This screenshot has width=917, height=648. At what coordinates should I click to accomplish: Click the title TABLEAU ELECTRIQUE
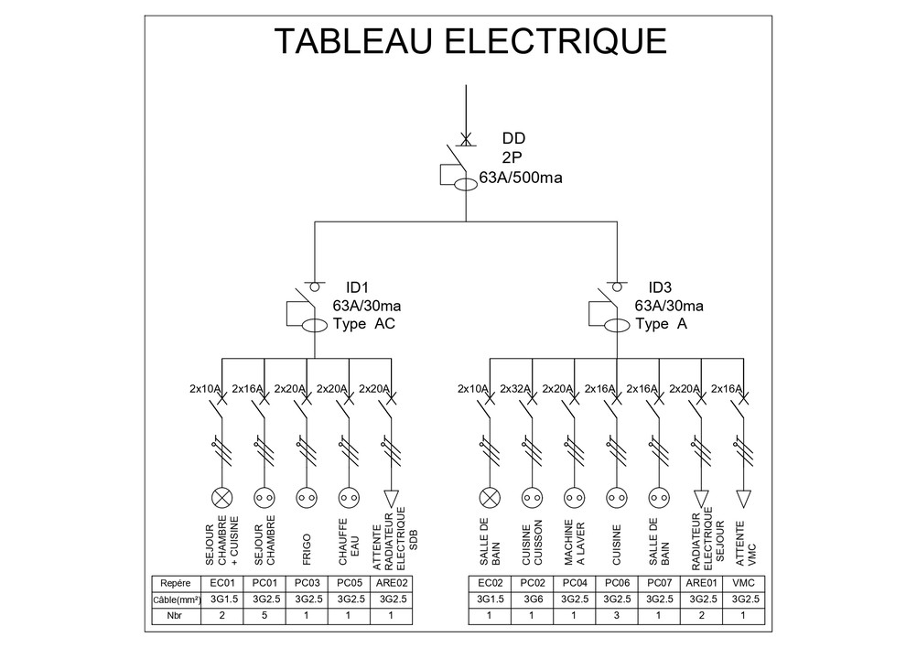click(x=470, y=41)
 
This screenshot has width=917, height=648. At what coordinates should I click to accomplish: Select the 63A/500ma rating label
click(x=521, y=178)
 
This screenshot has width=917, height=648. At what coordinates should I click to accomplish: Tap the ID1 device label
click(x=357, y=287)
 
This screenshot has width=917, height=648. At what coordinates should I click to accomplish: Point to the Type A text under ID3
click(x=662, y=323)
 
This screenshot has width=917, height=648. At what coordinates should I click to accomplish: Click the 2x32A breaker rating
click(x=515, y=388)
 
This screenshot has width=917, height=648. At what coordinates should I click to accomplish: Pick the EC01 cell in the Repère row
click(x=221, y=583)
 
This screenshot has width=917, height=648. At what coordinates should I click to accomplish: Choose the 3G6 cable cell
click(x=533, y=599)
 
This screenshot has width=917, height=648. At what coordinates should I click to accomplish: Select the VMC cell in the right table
click(x=743, y=583)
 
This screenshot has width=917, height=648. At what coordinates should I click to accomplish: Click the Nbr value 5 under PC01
click(x=264, y=615)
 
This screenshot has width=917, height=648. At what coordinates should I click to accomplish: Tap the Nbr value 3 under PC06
click(x=617, y=615)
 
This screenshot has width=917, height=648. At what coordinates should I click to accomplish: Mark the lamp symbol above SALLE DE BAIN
click(x=491, y=498)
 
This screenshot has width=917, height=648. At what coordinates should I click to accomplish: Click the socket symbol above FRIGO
click(x=307, y=498)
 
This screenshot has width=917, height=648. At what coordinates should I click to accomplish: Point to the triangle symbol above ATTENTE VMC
click(x=743, y=499)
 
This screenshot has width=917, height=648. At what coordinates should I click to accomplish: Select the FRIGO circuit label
click(x=307, y=550)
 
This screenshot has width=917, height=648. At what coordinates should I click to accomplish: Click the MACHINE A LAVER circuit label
click(x=575, y=543)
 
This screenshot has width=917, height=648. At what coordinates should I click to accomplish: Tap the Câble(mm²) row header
click(x=177, y=599)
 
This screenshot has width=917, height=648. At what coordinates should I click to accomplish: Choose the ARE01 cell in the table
click(x=701, y=583)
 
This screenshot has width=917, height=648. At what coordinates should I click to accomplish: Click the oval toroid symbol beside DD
click(x=466, y=185)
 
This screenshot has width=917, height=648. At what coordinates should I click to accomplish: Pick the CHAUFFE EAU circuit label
click(x=350, y=542)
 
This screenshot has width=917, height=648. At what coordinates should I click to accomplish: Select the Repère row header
click(x=176, y=583)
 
